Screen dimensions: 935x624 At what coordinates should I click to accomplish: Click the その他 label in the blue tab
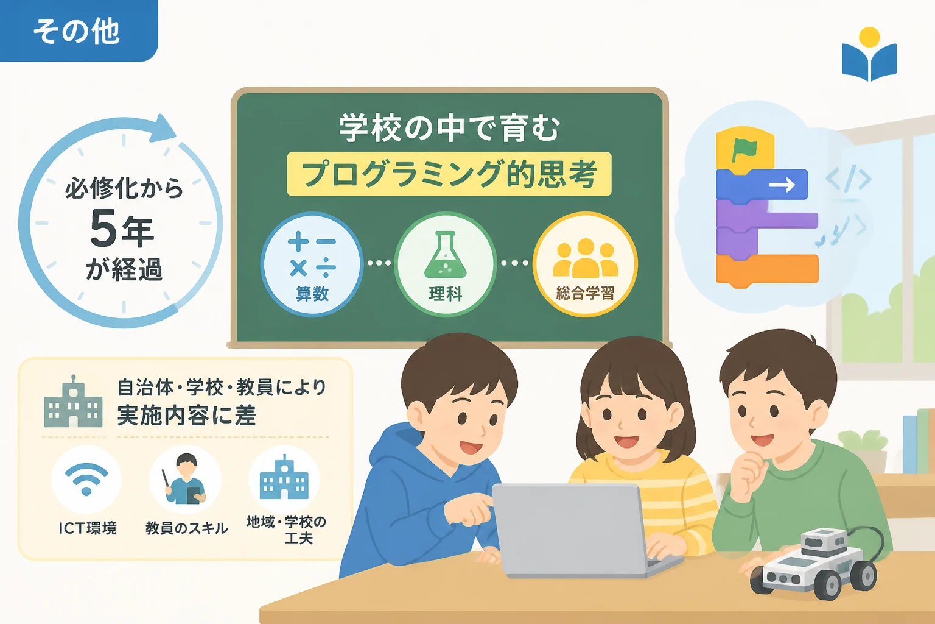77,31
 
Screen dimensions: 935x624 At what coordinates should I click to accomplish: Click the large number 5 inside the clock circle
103,228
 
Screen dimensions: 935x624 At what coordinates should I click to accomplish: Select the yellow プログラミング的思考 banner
449,174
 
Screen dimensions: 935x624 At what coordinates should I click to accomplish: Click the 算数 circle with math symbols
312,264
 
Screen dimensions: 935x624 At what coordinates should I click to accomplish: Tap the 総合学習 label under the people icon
585,293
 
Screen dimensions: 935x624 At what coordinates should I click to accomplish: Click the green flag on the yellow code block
743,151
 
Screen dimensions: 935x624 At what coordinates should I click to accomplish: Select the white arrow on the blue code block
782,184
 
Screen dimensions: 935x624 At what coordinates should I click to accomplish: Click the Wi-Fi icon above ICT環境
86,480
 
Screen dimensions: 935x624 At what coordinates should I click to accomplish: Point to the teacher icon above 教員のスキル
185,479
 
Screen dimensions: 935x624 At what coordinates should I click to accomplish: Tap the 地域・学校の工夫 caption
286,530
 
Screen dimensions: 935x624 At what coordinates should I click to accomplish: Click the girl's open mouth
626,441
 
